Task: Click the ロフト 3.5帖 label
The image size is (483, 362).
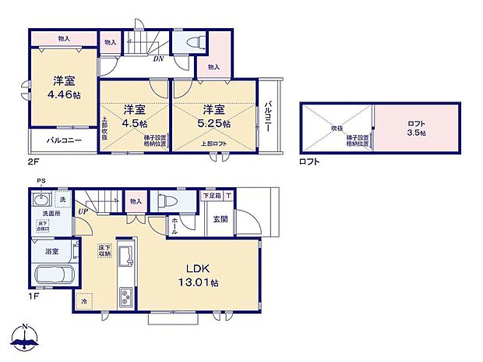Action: coord(417,128)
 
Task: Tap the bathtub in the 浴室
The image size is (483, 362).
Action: coord(54,275)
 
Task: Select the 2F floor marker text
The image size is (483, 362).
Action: coord(33,162)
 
